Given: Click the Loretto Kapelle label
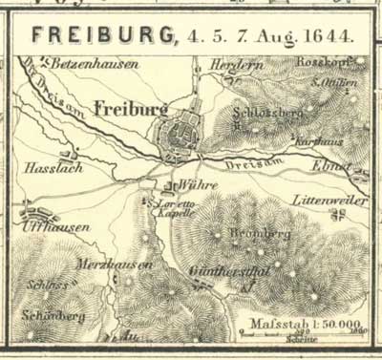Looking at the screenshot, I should pyautogui.click(x=174, y=209).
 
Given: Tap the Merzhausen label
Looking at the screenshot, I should pyautogui.click(x=114, y=265).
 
